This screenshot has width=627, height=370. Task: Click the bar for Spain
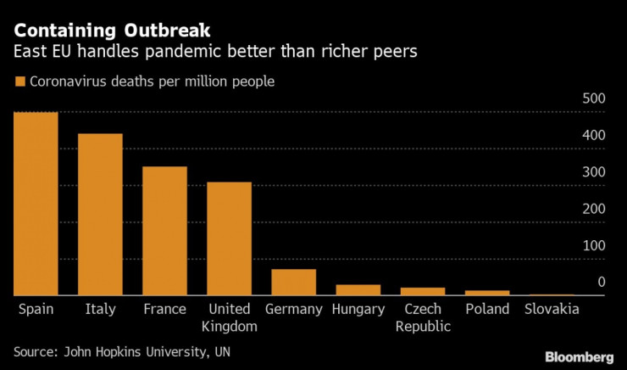(x=36, y=204)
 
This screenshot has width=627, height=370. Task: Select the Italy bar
(x=100, y=215)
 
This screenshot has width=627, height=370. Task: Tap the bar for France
(x=164, y=231)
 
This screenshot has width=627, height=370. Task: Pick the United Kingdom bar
(x=229, y=238)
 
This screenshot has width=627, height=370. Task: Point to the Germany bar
(x=293, y=282)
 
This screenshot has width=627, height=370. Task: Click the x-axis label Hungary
(x=358, y=310)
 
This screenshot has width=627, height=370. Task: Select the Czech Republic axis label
(x=423, y=317)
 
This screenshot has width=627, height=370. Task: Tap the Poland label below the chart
(x=487, y=310)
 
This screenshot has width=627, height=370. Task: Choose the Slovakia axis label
(x=552, y=310)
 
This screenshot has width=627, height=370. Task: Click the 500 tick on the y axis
(x=593, y=100)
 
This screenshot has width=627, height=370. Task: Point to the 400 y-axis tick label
(x=593, y=137)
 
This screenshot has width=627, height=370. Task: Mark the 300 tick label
(x=593, y=173)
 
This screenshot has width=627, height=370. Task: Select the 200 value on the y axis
(x=593, y=210)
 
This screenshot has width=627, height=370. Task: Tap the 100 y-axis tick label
(x=593, y=246)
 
